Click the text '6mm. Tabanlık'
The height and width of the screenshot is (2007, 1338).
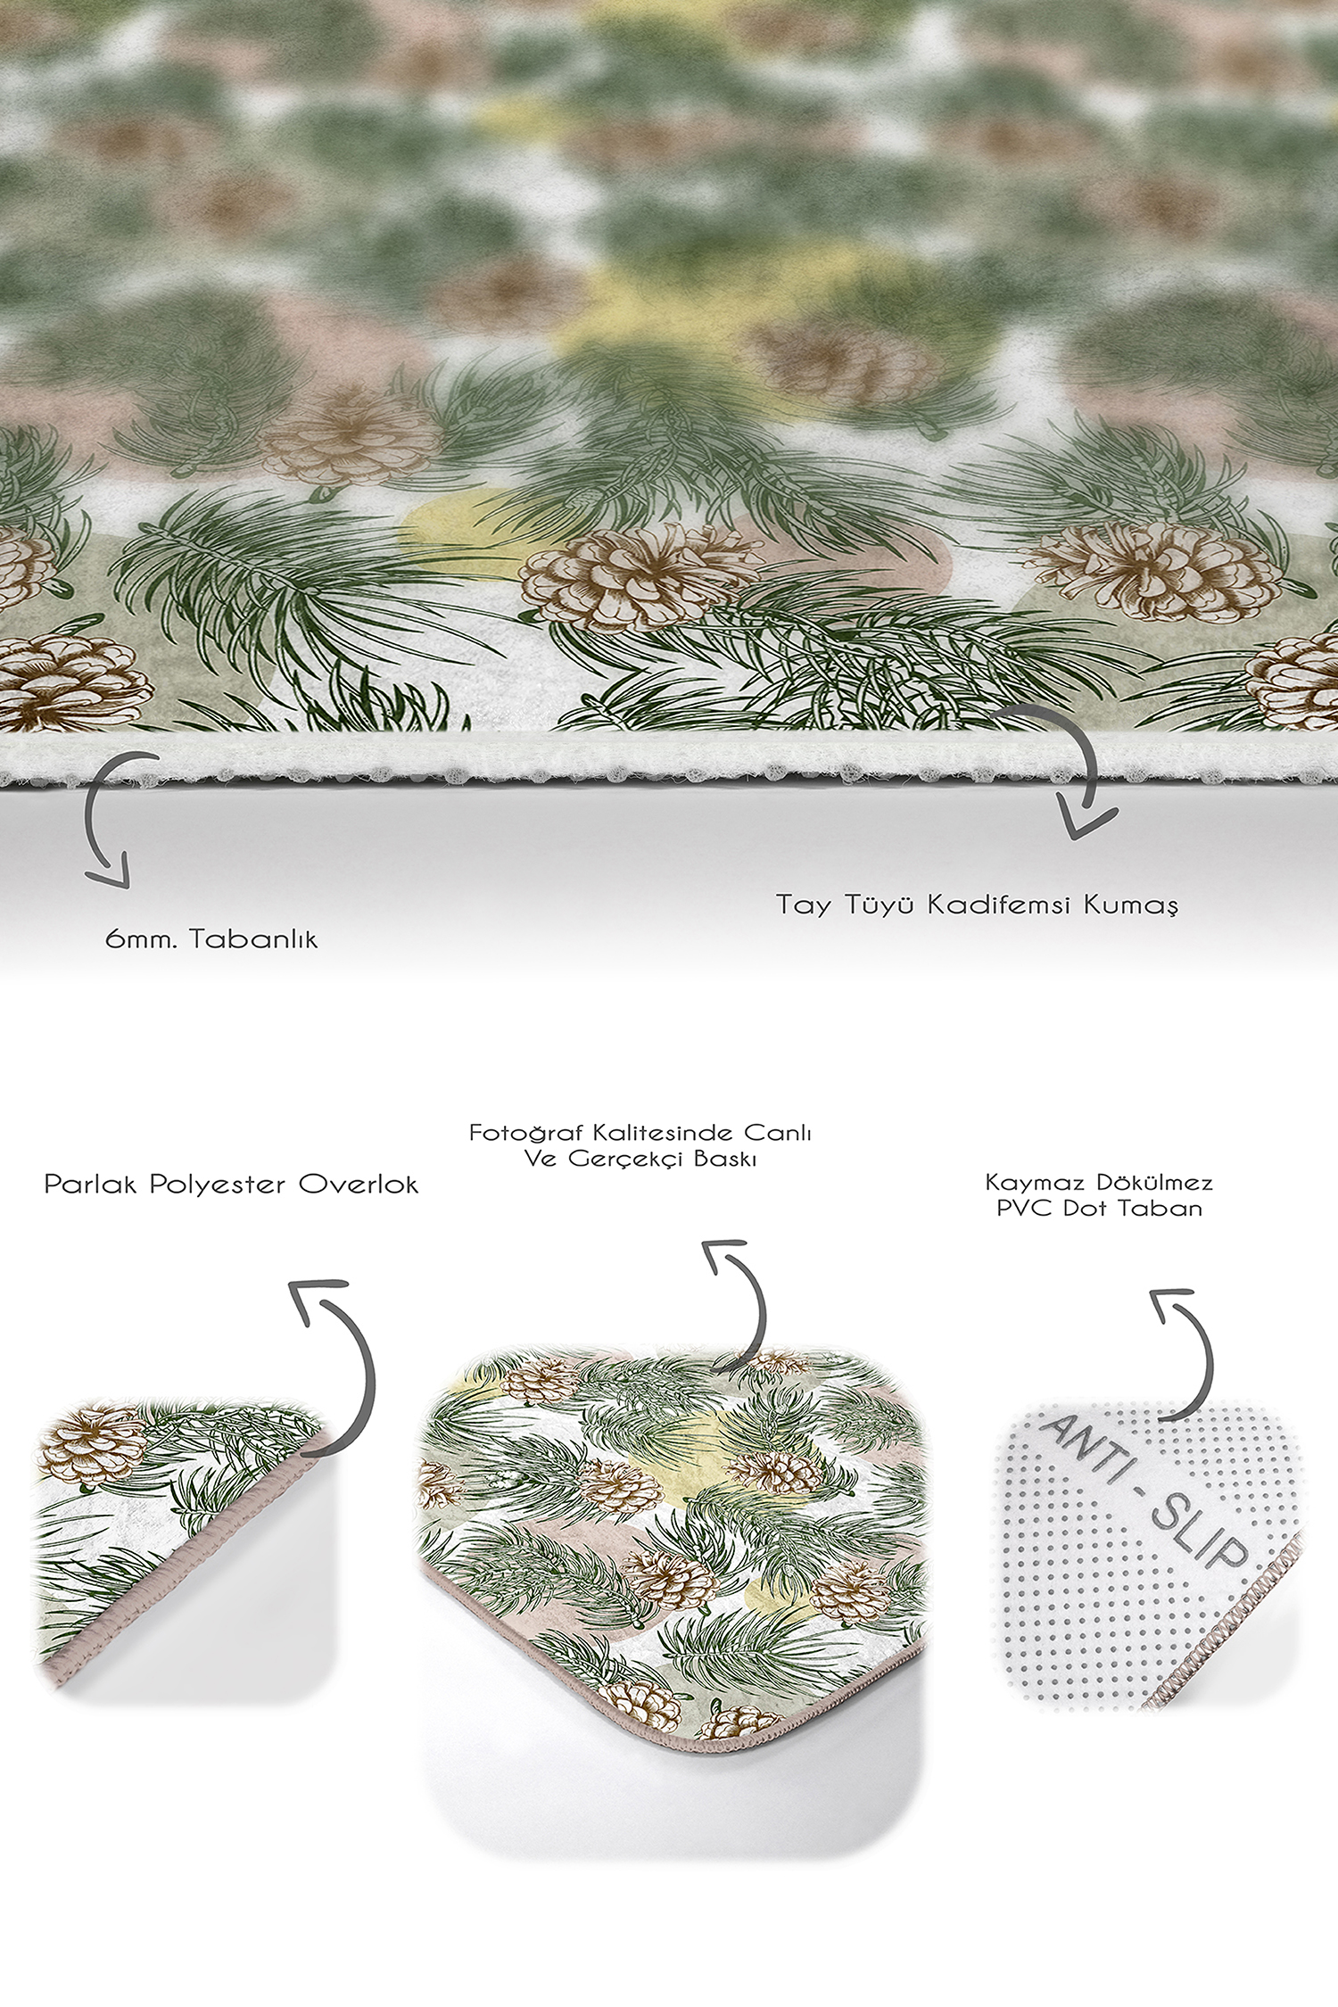click(211, 939)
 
